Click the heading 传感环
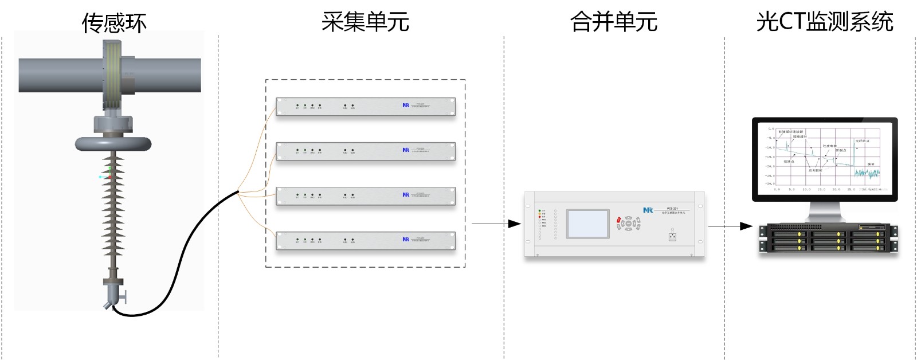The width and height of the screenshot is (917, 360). (114, 24)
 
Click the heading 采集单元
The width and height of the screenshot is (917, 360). (365, 22)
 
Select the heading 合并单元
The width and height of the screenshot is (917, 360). (613, 22)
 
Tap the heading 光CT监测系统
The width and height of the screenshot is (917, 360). (824, 22)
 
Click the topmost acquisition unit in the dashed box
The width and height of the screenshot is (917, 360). (366, 107)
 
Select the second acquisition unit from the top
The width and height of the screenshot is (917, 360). (366, 151)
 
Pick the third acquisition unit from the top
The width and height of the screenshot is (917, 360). (366, 196)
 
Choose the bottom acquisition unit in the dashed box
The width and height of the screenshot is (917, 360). (366, 241)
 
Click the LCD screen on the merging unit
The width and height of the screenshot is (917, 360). (587, 224)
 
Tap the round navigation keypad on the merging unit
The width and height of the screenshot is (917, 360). (629, 224)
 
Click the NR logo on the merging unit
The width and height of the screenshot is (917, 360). (648, 210)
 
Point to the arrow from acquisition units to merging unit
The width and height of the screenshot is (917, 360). (496, 224)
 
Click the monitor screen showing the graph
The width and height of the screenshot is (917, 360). (825, 157)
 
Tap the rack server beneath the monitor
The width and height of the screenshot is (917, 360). (828, 238)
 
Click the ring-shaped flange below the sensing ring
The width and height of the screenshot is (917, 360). (113, 143)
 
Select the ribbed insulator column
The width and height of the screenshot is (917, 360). (113, 212)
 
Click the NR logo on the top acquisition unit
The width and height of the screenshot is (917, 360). (406, 105)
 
